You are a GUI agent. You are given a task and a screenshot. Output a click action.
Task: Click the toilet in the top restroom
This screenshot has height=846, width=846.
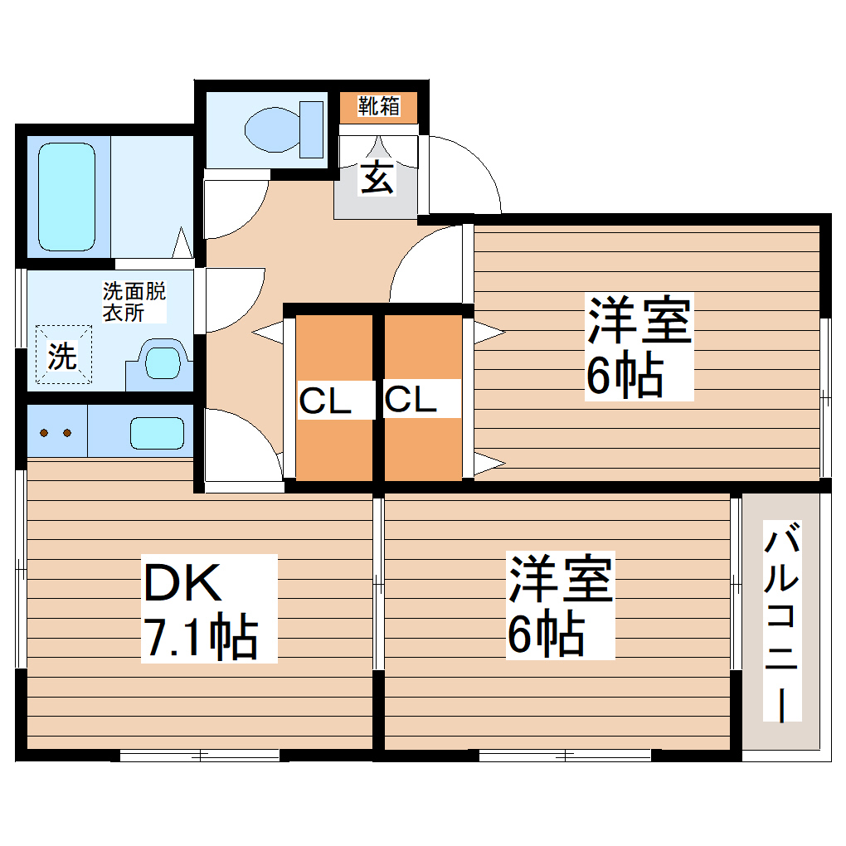274,129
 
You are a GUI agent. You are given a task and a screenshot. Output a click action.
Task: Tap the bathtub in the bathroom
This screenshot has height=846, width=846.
66,197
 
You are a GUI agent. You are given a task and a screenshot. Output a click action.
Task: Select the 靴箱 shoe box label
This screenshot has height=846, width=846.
378,106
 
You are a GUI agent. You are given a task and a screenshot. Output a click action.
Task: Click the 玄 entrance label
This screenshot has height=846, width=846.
377,177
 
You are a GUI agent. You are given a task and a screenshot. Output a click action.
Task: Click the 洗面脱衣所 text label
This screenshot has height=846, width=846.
134,302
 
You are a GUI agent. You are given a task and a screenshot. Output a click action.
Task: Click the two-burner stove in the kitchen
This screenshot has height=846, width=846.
56,432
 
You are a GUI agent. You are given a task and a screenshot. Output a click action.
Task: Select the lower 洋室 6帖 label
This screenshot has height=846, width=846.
560,605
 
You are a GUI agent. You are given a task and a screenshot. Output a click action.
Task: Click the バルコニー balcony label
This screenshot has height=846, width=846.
781,622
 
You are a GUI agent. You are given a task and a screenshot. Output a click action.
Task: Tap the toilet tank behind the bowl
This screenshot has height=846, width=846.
311,129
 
